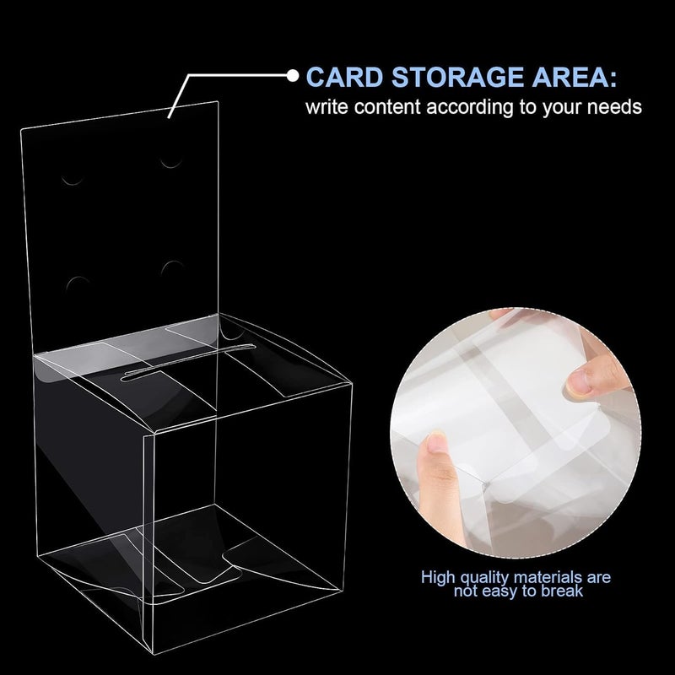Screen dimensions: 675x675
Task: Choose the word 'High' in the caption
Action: coord(440,578)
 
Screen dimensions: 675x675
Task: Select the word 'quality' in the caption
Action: coord(480,578)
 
